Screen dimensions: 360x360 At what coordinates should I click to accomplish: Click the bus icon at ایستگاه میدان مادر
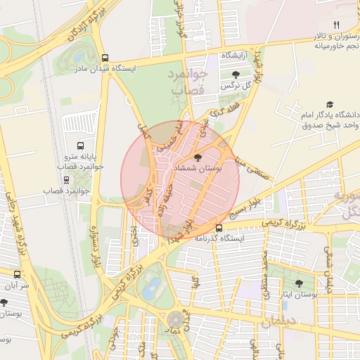tap(105, 58)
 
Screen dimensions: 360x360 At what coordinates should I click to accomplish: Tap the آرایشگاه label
tap(219, 55)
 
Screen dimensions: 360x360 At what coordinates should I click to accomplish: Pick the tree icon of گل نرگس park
tap(235, 74)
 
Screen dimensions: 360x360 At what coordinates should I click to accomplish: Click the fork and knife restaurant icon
tap(336, 25)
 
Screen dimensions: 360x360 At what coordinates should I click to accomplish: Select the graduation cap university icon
tap(330, 103)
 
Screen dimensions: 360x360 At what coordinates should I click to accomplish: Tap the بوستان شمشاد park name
tap(202, 169)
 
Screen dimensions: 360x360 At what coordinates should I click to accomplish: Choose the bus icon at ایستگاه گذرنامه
tap(219, 227)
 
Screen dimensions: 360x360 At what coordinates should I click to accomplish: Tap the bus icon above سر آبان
tap(17, 274)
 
